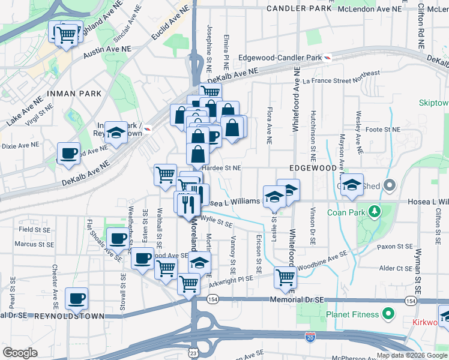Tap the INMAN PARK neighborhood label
pos(71,94)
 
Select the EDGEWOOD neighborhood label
pos(313,169)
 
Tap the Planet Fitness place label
pos(352,314)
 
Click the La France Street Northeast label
pos(341,77)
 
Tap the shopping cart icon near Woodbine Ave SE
pos(285,277)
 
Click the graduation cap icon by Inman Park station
pos(116,133)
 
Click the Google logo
pos(20,353)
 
